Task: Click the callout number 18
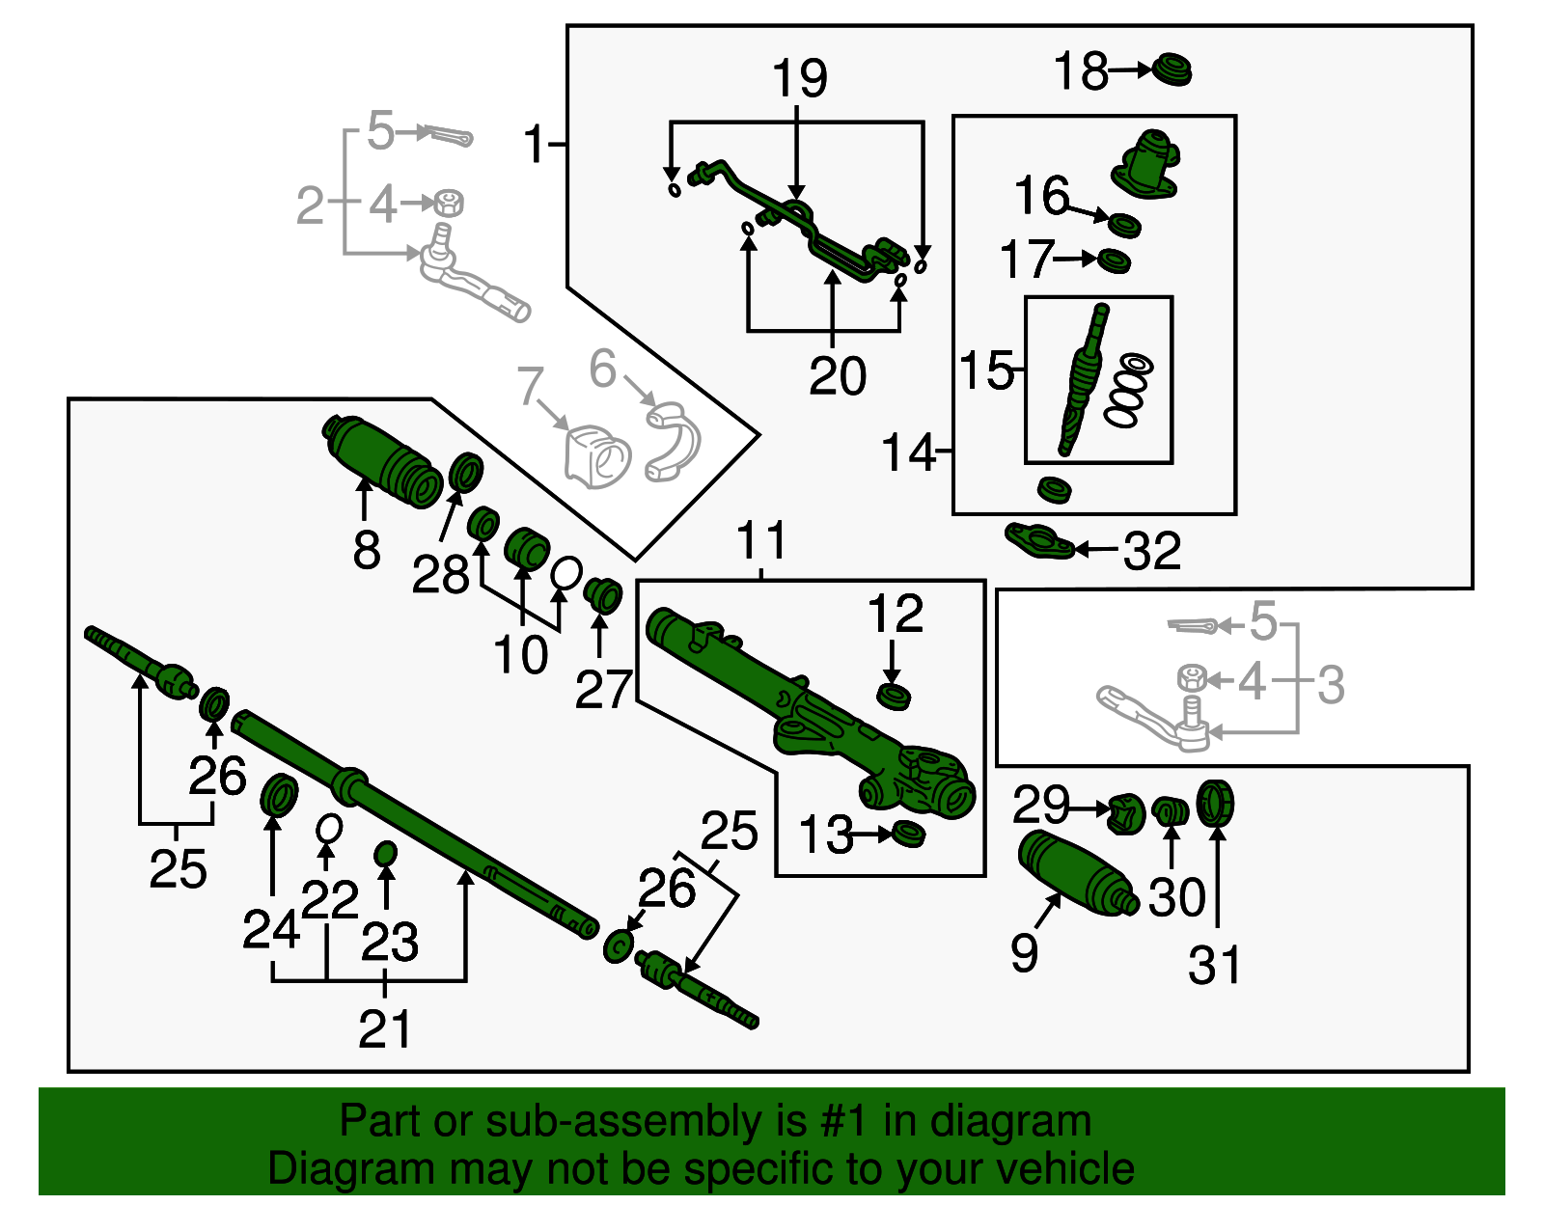(x=1080, y=71)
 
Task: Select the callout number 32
(x=1152, y=551)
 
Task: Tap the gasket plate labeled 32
(x=1039, y=541)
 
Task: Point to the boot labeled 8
(x=384, y=459)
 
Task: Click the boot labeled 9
(x=1076, y=873)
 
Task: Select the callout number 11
(x=761, y=540)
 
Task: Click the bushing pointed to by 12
(x=894, y=696)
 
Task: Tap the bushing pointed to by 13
(x=907, y=834)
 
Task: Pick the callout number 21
(x=385, y=1028)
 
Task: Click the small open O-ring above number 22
(x=329, y=828)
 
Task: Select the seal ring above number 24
(x=280, y=794)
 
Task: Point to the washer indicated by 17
(x=1115, y=260)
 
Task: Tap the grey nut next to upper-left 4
(x=448, y=203)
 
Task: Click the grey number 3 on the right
(x=1331, y=684)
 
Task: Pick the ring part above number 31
(x=1216, y=803)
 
